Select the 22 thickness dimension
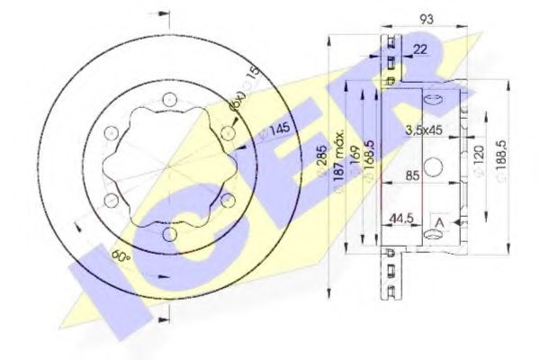coord(420,49)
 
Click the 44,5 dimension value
coord(399,219)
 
